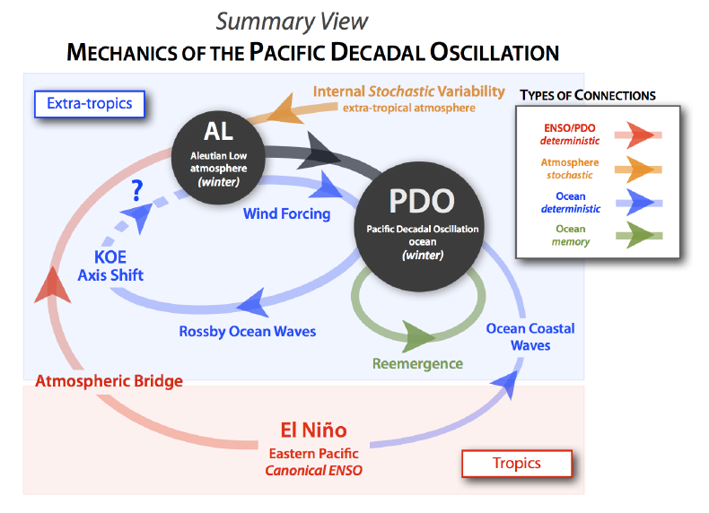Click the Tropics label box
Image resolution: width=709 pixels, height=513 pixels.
tap(516, 463)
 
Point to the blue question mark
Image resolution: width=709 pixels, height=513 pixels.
tap(137, 190)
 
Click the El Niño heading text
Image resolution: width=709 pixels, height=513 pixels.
tap(313, 430)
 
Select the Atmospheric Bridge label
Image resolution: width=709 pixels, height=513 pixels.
tap(109, 381)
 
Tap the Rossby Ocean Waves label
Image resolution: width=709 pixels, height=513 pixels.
tap(247, 331)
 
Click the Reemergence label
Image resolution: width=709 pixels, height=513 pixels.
tap(417, 363)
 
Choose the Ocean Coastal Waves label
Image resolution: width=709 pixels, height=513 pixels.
tap(530, 336)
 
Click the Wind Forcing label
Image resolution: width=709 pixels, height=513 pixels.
tap(286, 213)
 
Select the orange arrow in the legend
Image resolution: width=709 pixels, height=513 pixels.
tap(640, 169)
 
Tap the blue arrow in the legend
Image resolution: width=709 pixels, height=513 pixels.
tap(640, 203)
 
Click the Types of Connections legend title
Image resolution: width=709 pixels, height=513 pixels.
tap(587, 95)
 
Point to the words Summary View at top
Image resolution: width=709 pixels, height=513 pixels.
tap(292, 22)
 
